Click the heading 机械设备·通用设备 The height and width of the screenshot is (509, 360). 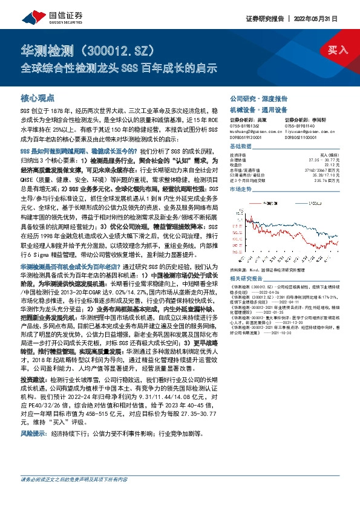(254, 110)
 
